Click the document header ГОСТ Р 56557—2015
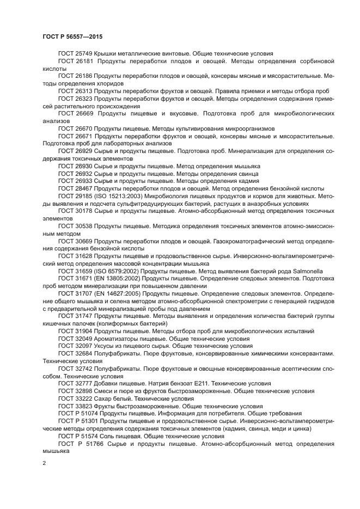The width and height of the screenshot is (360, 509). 72,36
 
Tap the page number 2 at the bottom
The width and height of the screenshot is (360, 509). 44,463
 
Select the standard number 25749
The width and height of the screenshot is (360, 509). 83,53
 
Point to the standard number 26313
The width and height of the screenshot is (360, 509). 83,91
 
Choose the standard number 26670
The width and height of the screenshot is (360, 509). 83,128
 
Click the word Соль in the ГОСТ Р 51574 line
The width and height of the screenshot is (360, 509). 106,436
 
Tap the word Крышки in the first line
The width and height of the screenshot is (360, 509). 106,53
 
